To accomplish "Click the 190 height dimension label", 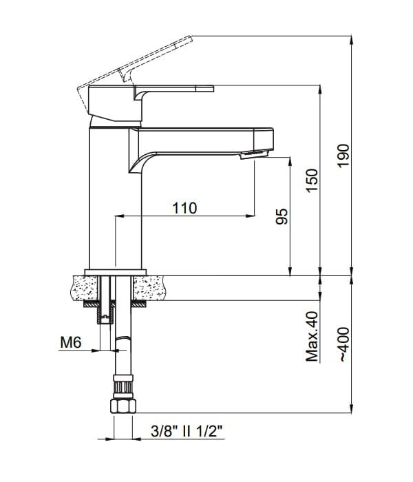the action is click(344, 155).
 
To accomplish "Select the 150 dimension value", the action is click(312, 180).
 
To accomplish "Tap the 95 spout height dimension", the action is click(282, 216).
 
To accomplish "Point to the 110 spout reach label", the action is click(184, 208).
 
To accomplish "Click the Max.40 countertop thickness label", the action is click(313, 336).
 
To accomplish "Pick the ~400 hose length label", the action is click(344, 344).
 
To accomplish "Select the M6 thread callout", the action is click(71, 342).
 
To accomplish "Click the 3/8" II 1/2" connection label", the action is click(187, 431).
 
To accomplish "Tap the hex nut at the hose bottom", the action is click(123, 406).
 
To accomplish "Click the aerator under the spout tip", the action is click(254, 154).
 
